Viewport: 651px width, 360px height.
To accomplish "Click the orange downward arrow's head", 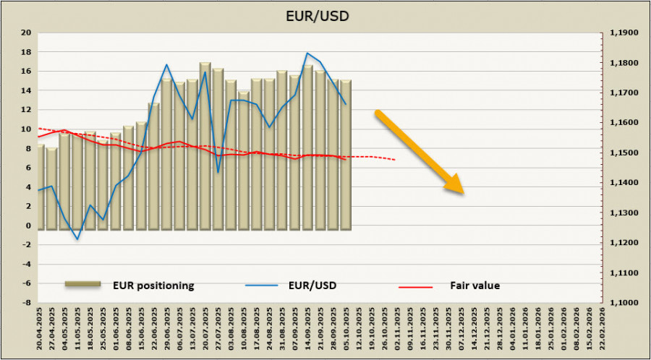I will point(456,187).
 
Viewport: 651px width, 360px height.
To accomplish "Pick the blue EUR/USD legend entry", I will point(310,286).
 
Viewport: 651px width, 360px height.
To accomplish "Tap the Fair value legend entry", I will point(475,286).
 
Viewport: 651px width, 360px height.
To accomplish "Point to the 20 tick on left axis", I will point(26,33).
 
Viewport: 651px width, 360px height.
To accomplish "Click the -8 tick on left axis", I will point(26,303).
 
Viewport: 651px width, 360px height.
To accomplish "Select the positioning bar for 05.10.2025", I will point(345,155).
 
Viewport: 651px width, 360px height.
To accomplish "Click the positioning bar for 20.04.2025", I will point(41,187).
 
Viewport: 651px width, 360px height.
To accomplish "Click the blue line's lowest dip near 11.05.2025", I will point(77,239).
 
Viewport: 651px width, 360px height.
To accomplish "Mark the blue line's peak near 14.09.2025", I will point(307,53).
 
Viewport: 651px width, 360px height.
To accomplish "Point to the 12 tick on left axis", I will point(26,110).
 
